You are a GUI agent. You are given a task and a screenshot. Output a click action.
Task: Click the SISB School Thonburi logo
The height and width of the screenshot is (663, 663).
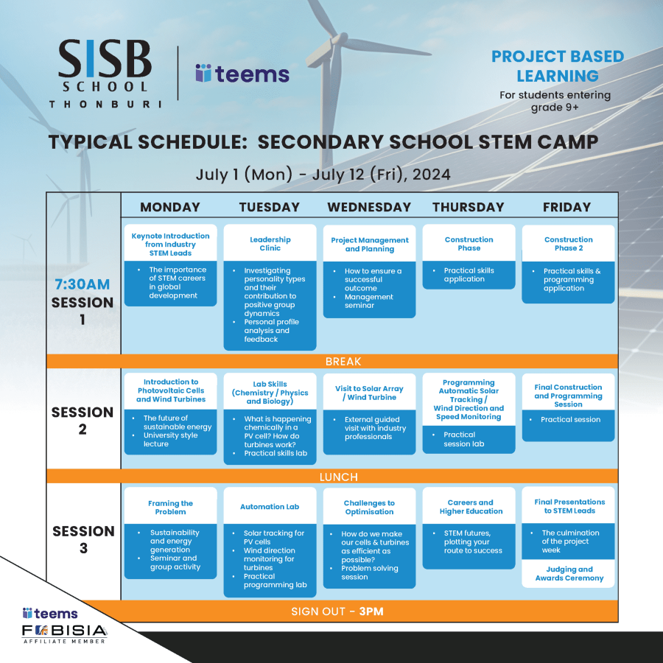point(105,74)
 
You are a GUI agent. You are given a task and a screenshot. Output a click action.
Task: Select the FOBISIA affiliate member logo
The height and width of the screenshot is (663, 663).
point(64,633)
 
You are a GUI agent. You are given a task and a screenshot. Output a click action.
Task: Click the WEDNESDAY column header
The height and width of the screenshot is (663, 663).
point(369,207)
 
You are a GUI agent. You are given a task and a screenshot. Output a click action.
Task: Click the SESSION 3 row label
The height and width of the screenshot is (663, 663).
point(83,539)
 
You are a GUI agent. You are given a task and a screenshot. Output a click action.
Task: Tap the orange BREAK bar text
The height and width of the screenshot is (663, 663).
point(343,362)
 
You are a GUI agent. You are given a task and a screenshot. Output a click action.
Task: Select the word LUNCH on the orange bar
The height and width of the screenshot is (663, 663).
point(339,477)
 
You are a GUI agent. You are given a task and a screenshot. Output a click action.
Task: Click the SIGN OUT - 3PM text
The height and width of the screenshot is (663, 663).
point(337,611)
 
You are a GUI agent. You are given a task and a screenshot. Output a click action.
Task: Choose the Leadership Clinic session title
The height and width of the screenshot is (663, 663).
point(270,244)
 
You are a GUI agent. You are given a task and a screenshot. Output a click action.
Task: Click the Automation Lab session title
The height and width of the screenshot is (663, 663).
point(270,507)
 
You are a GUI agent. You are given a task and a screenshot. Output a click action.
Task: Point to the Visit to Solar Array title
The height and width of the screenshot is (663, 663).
point(369,393)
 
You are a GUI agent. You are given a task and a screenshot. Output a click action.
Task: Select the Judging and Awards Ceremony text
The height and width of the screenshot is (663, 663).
point(569,574)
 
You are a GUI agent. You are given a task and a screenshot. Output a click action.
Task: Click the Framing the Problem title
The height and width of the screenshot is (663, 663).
point(171,508)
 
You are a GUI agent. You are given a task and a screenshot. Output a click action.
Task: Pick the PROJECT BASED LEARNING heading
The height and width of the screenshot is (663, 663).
point(557,66)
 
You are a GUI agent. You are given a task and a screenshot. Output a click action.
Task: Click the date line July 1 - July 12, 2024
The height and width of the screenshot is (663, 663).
point(323,175)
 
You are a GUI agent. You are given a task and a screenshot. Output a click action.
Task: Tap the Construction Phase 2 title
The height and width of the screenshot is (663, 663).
point(568,244)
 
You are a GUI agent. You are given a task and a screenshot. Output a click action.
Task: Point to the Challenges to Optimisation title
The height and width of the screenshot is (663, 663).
point(369,508)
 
